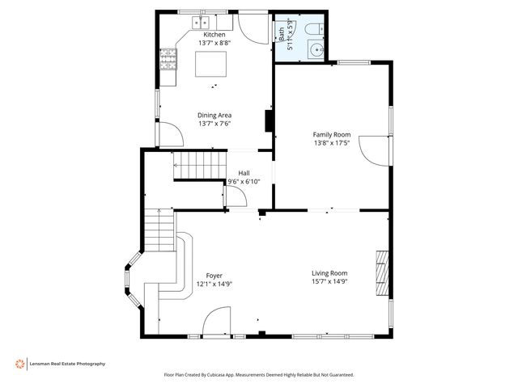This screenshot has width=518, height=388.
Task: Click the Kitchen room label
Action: [x=214, y=35]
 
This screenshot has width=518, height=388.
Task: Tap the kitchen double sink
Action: [x=201, y=23]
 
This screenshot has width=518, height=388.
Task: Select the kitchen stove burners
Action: [x=168, y=59]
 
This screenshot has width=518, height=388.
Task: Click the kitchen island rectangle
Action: [x=210, y=64]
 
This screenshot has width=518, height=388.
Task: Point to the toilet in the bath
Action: [x=315, y=29]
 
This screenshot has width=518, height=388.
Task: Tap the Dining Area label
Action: [x=214, y=116]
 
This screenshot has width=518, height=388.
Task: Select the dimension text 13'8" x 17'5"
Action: [x=332, y=143]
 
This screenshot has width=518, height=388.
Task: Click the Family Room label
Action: [x=332, y=135]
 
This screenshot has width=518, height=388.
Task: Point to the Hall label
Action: [x=244, y=173]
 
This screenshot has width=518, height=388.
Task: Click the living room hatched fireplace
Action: [x=382, y=273]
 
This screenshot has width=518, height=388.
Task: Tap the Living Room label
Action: [x=329, y=273]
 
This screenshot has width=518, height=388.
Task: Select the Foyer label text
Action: [x=214, y=276]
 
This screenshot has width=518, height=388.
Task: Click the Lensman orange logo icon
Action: [x=19, y=364]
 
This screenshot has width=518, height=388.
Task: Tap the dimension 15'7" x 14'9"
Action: [x=329, y=282]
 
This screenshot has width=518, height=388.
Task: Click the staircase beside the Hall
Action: [x=200, y=165]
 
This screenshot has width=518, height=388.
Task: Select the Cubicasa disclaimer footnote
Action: [x=259, y=375]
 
